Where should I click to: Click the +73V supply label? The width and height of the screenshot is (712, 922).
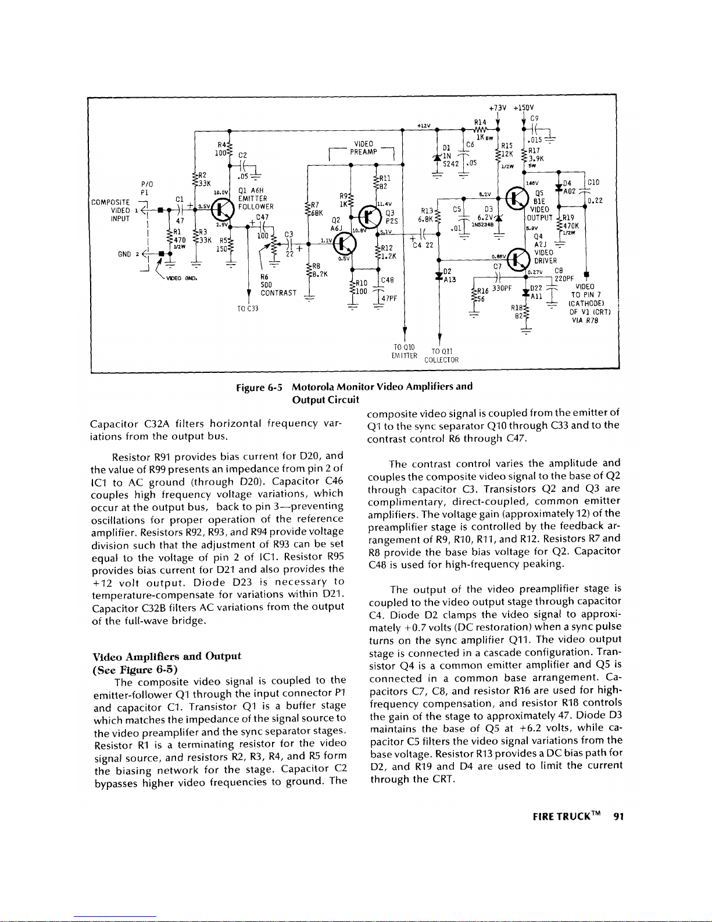tap(498, 107)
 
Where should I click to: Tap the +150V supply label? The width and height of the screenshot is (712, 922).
tap(524, 107)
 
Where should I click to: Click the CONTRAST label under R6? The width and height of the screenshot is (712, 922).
tap(279, 293)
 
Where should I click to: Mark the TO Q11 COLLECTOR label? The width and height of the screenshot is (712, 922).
tap(442, 355)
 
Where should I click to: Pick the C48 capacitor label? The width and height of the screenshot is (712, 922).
tap(388, 280)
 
